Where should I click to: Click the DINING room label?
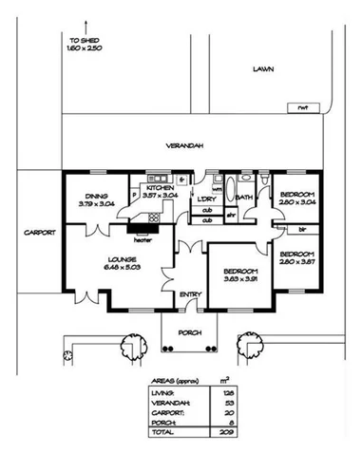click(94, 193)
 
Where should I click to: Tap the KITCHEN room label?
click(159, 189)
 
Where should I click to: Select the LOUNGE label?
click(122, 257)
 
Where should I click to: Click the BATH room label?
click(244, 198)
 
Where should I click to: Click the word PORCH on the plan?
click(189, 332)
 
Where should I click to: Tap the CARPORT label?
click(42, 234)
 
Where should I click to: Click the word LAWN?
click(262, 70)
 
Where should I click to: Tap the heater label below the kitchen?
click(143, 239)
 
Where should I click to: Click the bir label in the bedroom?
click(301, 229)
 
